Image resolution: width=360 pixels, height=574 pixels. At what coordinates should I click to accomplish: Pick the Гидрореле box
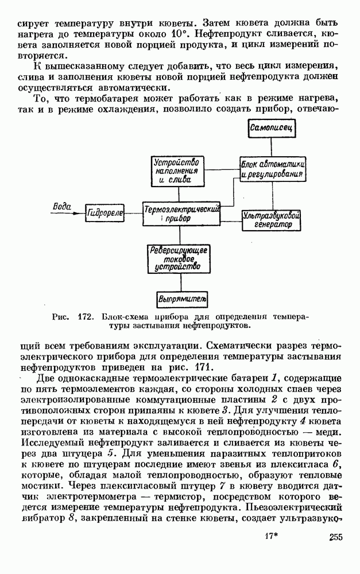point(106,213)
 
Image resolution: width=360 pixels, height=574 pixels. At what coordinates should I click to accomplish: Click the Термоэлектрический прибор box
point(182,214)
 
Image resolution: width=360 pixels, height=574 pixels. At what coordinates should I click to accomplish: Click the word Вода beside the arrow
point(61,205)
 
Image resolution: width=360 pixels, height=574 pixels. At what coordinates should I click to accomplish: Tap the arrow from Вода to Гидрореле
point(68,214)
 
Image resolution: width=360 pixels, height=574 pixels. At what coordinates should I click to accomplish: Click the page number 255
point(336,553)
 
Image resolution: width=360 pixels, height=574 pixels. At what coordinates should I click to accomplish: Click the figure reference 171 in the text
point(195,367)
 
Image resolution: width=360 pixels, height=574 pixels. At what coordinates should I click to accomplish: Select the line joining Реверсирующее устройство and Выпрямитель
point(182,283)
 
